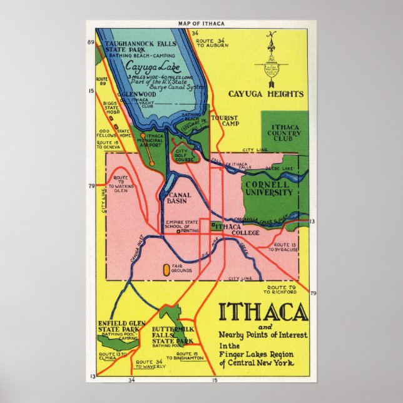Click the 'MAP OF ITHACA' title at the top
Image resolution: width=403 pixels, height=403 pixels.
(x=201, y=23)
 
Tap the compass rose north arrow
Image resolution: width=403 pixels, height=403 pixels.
(x=271, y=63)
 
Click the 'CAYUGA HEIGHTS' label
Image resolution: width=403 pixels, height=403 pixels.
(x=275, y=94)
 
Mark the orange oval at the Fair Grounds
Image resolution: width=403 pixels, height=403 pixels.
(x=166, y=270)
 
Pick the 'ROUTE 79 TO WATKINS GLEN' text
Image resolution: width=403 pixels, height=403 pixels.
(x=120, y=186)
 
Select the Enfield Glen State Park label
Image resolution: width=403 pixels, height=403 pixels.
(x=119, y=327)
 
